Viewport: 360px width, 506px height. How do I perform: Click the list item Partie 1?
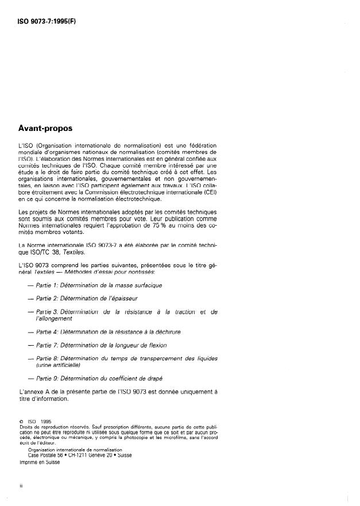[99, 285]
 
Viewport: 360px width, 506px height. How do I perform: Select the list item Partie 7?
[101, 345]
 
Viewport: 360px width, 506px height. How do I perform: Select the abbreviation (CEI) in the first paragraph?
[210, 192]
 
